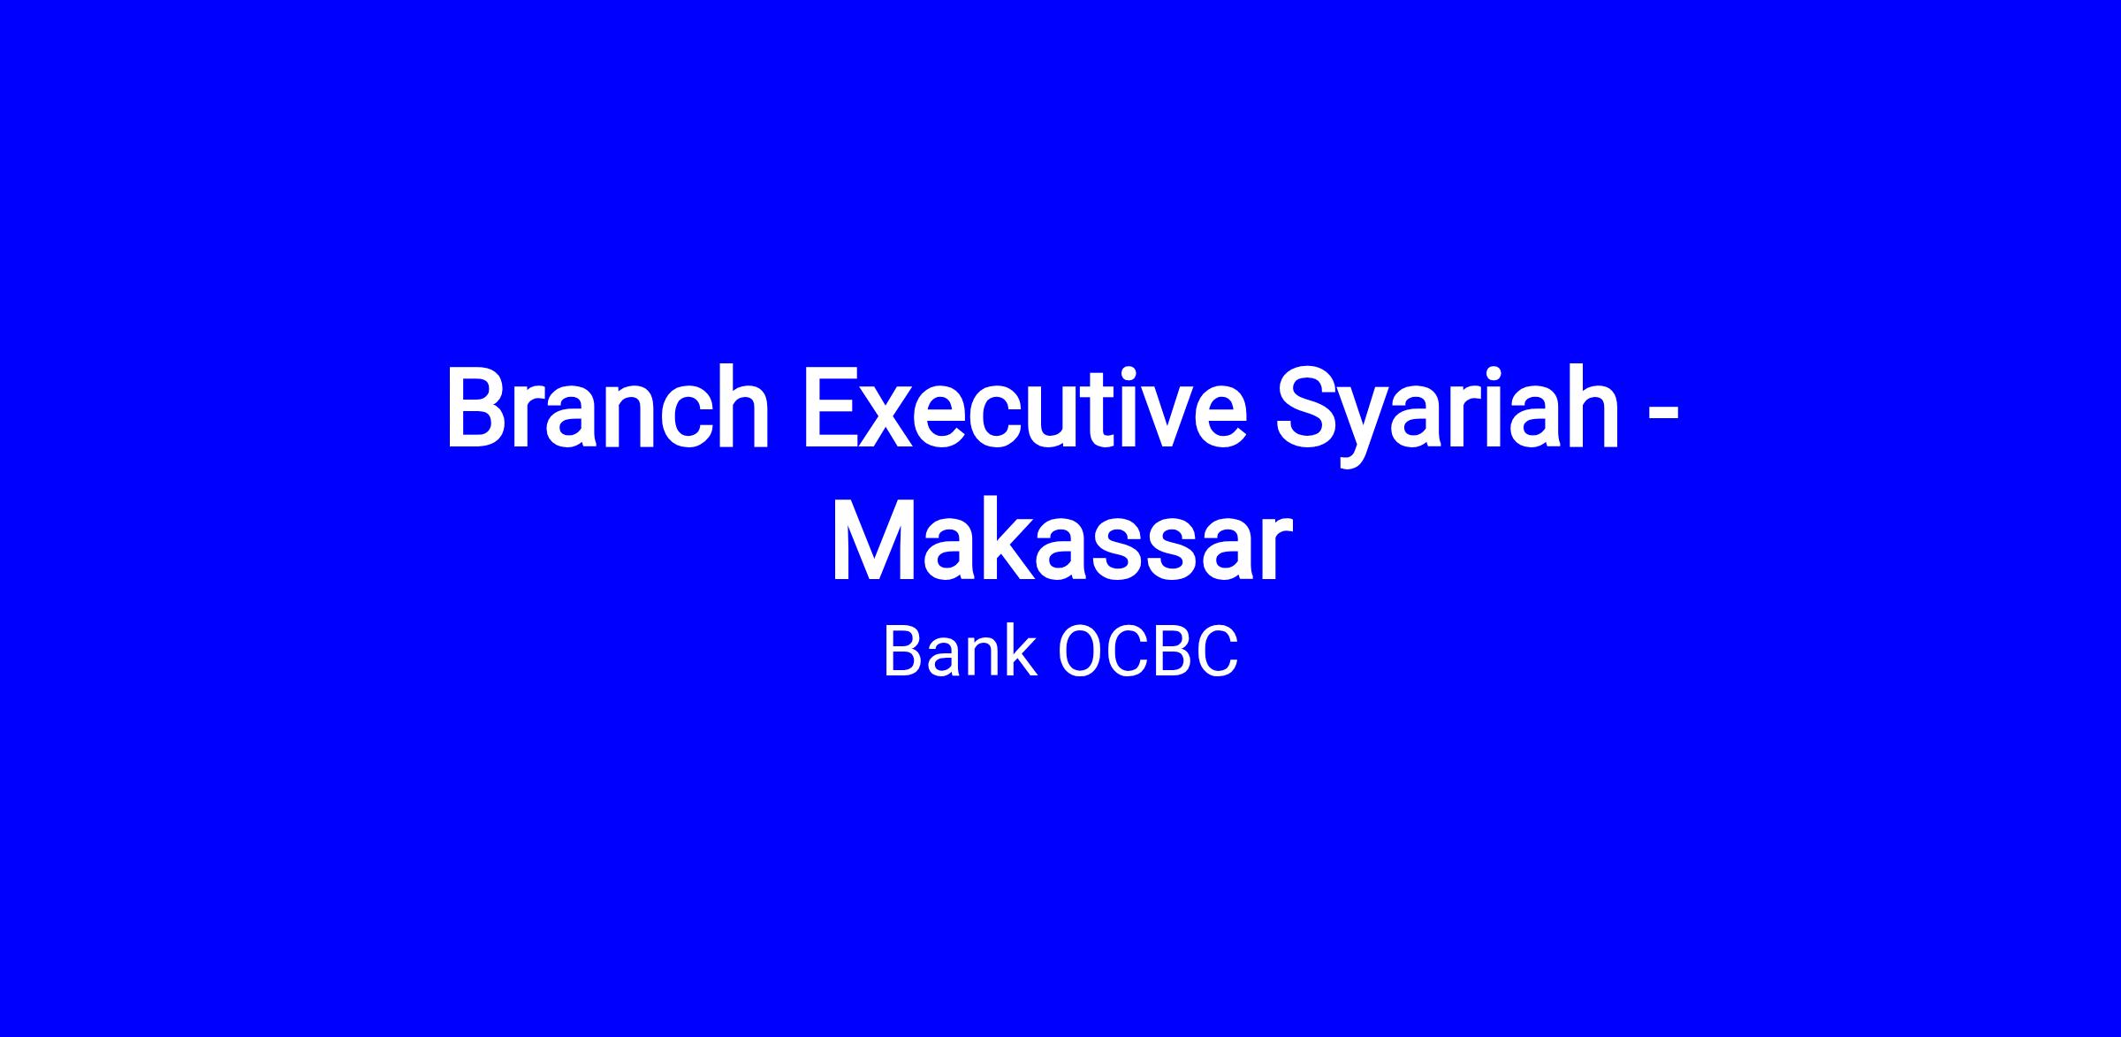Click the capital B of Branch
[x=478, y=408]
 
